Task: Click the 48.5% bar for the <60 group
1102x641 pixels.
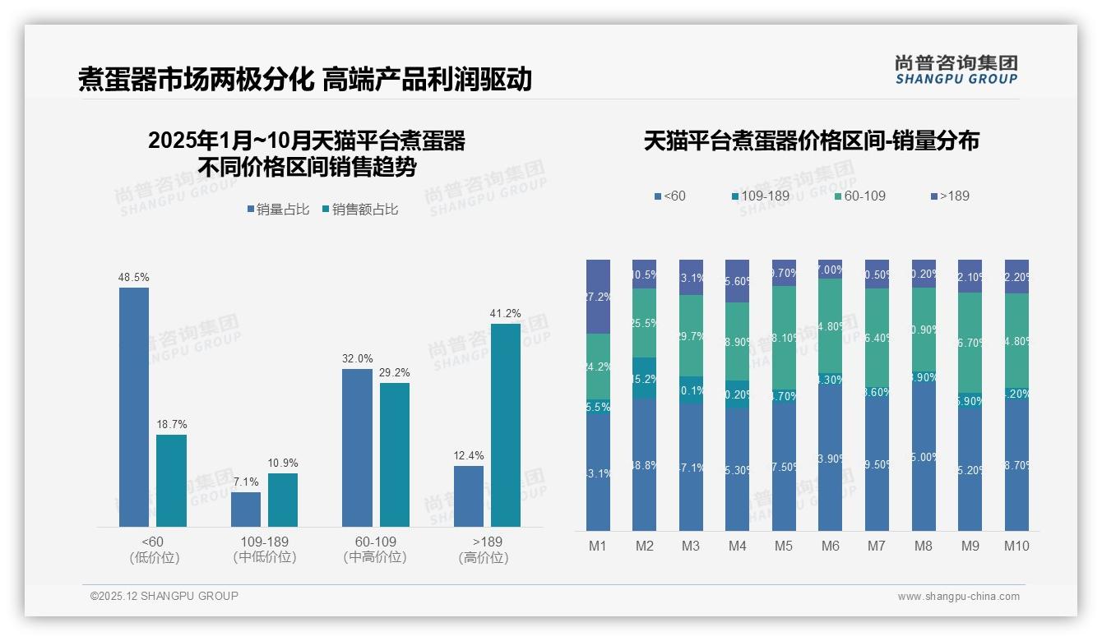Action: tap(134, 407)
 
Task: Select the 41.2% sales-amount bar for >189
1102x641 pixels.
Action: tap(506, 425)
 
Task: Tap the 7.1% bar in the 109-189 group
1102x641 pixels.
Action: tap(246, 510)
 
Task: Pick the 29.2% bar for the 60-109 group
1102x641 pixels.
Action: tap(395, 454)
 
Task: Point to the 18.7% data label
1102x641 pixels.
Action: tap(172, 424)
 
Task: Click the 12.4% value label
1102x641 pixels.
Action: tap(469, 455)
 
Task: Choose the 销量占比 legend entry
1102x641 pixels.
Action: tap(278, 210)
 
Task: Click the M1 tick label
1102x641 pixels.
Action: tap(598, 546)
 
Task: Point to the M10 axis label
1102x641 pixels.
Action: tap(1016, 546)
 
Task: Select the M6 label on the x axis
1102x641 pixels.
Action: tap(831, 546)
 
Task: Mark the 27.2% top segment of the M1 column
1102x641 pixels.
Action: tap(599, 297)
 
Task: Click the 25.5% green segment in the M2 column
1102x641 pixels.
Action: tap(645, 323)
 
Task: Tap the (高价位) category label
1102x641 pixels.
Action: tap(484, 557)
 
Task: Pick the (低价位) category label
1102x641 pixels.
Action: tap(154, 557)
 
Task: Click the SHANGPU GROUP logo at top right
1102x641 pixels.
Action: tap(956, 70)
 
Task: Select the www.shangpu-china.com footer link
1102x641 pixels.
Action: tap(958, 597)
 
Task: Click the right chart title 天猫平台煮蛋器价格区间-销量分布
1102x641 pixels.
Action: tap(811, 141)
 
